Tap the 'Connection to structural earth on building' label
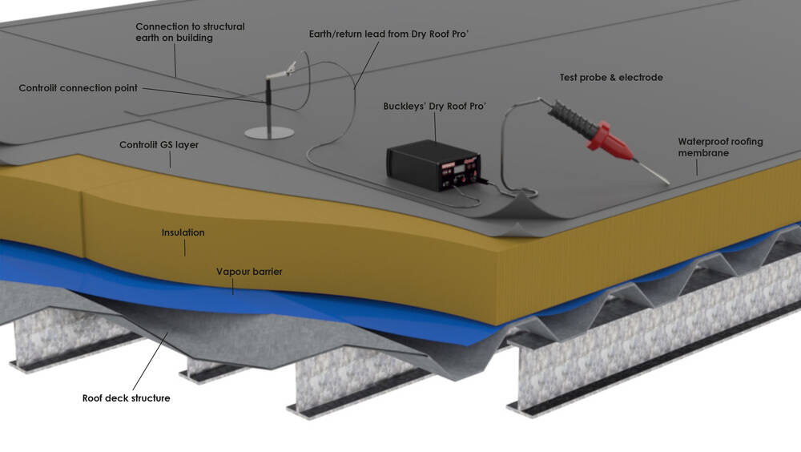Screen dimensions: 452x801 point(190,32)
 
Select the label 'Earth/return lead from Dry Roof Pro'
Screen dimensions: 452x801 point(376,34)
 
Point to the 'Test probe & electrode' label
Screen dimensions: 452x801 point(611,77)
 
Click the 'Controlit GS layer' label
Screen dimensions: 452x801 point(159,145)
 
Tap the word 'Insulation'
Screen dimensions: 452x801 point(183,232)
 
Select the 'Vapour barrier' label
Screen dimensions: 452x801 point(249,272)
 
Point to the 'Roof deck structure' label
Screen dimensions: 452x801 point(126,398)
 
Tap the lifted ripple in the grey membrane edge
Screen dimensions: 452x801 point(521,204)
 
